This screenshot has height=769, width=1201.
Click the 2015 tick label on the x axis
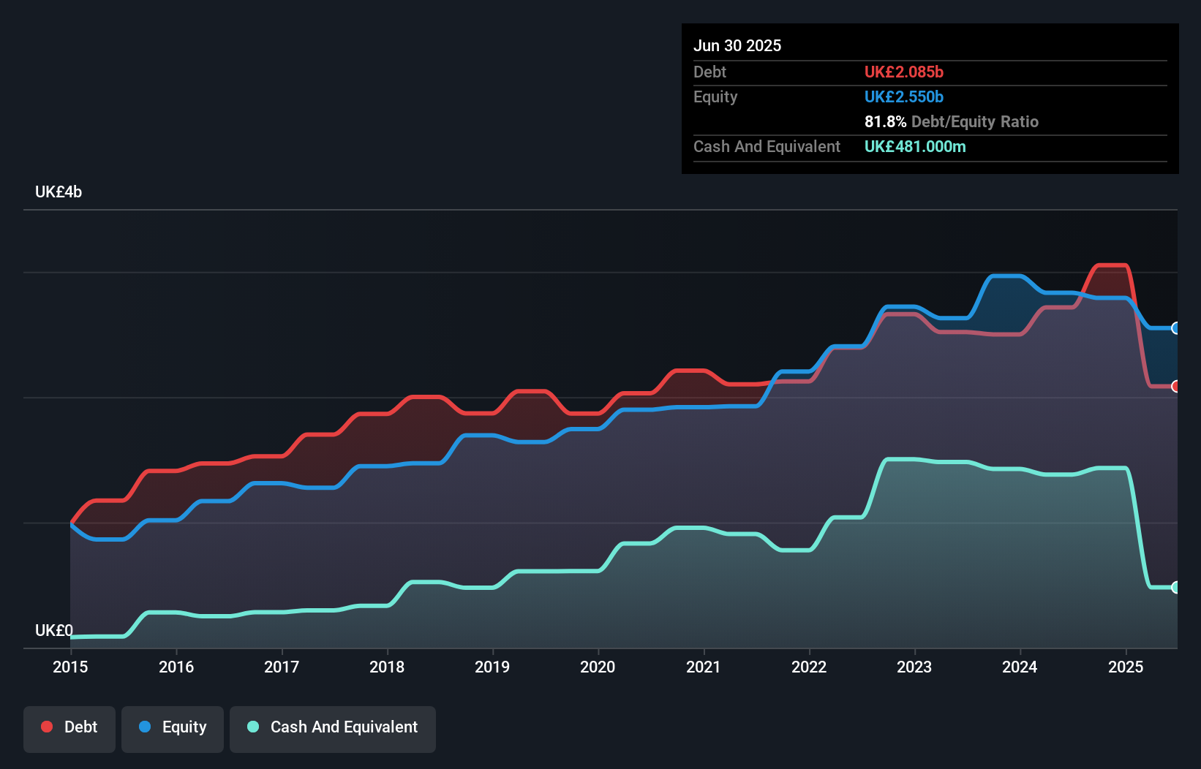[x=70, y=667]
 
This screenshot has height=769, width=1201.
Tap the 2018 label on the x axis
[x=387, y=667]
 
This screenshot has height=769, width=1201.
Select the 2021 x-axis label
[x=703, y=667]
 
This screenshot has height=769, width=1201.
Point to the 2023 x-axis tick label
[x=914, y=667]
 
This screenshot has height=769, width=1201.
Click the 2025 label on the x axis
[x=1126, y=667]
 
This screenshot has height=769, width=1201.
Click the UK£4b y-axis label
[x=59, y=192]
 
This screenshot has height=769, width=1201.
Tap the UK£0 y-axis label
[x=53, y=630]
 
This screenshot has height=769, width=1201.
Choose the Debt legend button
[x=69, y=727]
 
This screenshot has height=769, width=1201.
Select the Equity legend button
[x=173, y=727]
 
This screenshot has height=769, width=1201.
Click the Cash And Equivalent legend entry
[x=333, y=727]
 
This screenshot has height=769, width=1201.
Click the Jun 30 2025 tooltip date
[x=737, y=46]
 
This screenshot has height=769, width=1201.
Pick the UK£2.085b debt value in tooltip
[x=903, y=72]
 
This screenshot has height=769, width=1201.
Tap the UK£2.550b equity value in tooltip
[x=903, y=97]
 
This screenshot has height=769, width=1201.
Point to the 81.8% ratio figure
[x=885, y=122]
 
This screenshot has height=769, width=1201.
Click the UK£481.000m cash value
[x=914, y=147]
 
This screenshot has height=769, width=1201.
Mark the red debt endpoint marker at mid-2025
[x=1175, y=386]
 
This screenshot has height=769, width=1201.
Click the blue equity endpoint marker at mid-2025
[x=1175, y=328]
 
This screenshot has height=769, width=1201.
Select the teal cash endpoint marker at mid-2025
[x=1175, y=587]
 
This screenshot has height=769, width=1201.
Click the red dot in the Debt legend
[x=47, y=727]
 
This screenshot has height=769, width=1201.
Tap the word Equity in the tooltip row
[x=715, y=97]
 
